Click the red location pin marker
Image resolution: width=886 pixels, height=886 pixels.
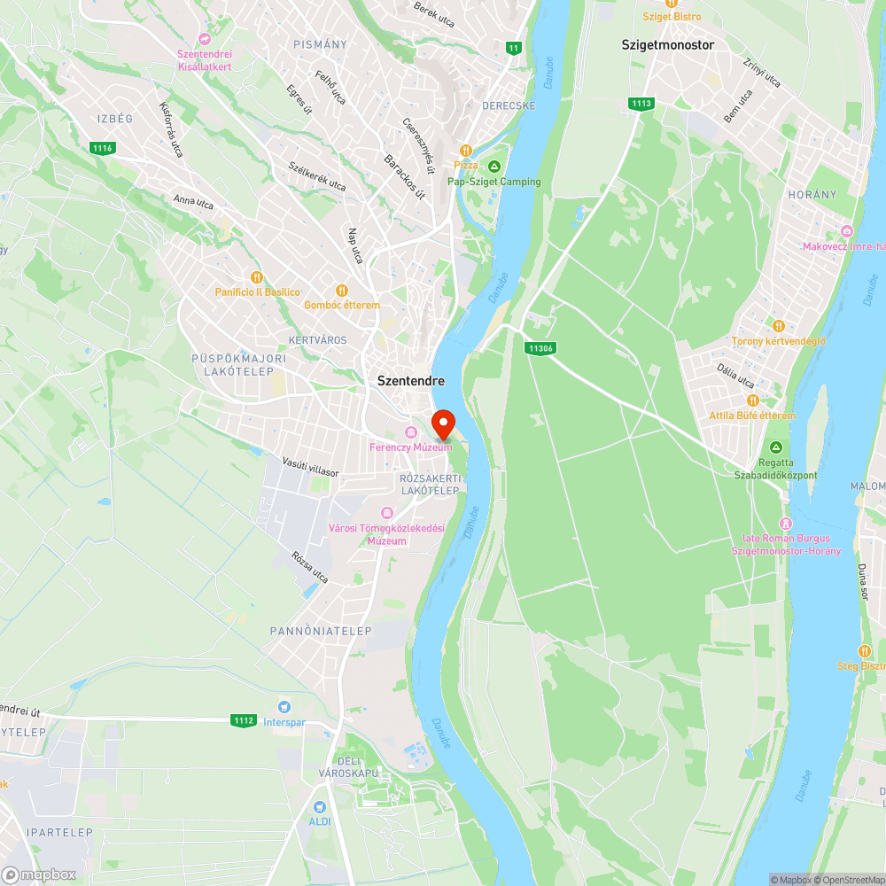[x=442, y=424]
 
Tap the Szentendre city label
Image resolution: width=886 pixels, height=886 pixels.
[x=411, y=380]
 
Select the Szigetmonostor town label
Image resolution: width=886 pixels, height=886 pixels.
[x=667, y=44]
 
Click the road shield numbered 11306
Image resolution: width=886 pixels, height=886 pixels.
[x=539, y=348]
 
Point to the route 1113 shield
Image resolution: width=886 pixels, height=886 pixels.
[x=641, y=104]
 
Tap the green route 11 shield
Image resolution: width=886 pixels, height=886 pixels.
[x=514, y=47]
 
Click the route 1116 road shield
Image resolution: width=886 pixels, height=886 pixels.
[x=102, y=148]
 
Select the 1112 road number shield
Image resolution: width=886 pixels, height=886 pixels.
[x=245, y=720]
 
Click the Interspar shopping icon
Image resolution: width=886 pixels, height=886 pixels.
[x=284, y=707]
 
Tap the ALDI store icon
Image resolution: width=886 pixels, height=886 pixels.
[x=319, y=807]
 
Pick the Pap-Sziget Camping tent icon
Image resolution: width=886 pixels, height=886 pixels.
[x=494, y=166]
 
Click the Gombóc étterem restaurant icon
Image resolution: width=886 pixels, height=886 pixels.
[x=342, y=291]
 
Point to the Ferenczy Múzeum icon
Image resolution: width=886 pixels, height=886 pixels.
[x=410, y=432]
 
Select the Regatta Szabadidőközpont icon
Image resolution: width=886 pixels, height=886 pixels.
[x=776, y=448]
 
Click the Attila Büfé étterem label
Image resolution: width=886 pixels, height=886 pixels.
[x=752, y=416]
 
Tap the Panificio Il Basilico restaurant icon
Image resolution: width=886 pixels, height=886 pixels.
[x=257, y=277]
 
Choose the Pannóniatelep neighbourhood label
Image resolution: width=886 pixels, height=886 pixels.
[x=321, y=631]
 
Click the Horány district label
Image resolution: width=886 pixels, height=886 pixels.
[x=812, y=194]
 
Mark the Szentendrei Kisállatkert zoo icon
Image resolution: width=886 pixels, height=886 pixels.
[x=205, y=39]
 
